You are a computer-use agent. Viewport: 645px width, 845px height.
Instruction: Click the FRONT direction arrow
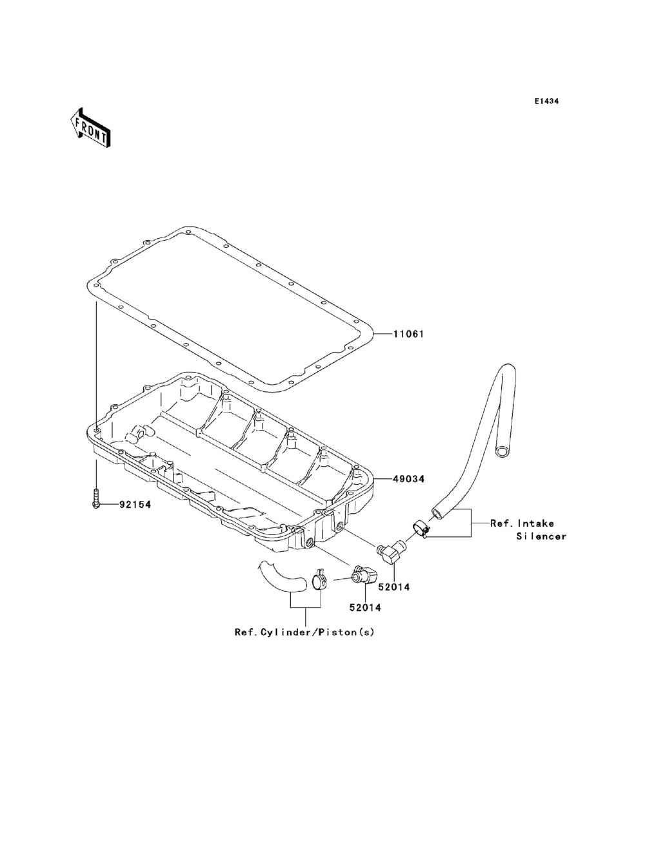pos(90,126)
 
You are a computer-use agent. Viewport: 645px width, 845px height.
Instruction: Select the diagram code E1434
pos(546,101)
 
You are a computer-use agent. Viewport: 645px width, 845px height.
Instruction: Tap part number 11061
pos(408,334)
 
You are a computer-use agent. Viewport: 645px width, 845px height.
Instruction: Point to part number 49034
pos(408,479)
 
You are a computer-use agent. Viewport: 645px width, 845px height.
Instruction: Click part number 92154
pos(135,505)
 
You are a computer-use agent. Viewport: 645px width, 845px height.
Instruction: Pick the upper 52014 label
pos(394,587)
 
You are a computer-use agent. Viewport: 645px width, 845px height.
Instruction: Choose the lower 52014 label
pos(365,607)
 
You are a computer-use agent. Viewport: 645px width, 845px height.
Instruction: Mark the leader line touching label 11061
pos(383,334)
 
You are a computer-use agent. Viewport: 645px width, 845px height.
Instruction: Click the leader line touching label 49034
pos(383,479)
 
